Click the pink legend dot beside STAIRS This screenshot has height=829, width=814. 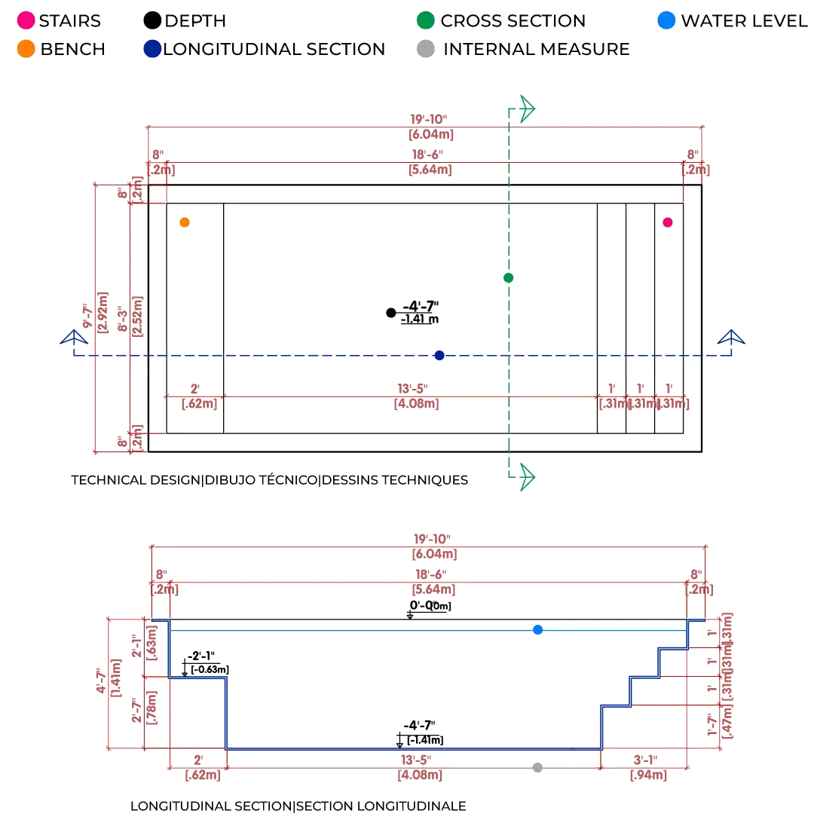[x=26, y=21]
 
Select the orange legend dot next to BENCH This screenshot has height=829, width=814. [x=26, y=50]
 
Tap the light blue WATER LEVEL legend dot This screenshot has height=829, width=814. [x=666, y=21]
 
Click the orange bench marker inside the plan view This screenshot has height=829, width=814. [x=185, y=223]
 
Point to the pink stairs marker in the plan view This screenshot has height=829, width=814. [x=668, y=222]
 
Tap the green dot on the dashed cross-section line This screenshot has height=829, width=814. [x=509, y=278]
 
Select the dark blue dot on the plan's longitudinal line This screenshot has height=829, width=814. [x=440, y=355]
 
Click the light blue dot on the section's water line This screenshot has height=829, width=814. [x=537, y=629]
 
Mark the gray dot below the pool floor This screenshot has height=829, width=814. [x=537, y=768]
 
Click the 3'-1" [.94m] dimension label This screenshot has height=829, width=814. [x=647, y=768]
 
